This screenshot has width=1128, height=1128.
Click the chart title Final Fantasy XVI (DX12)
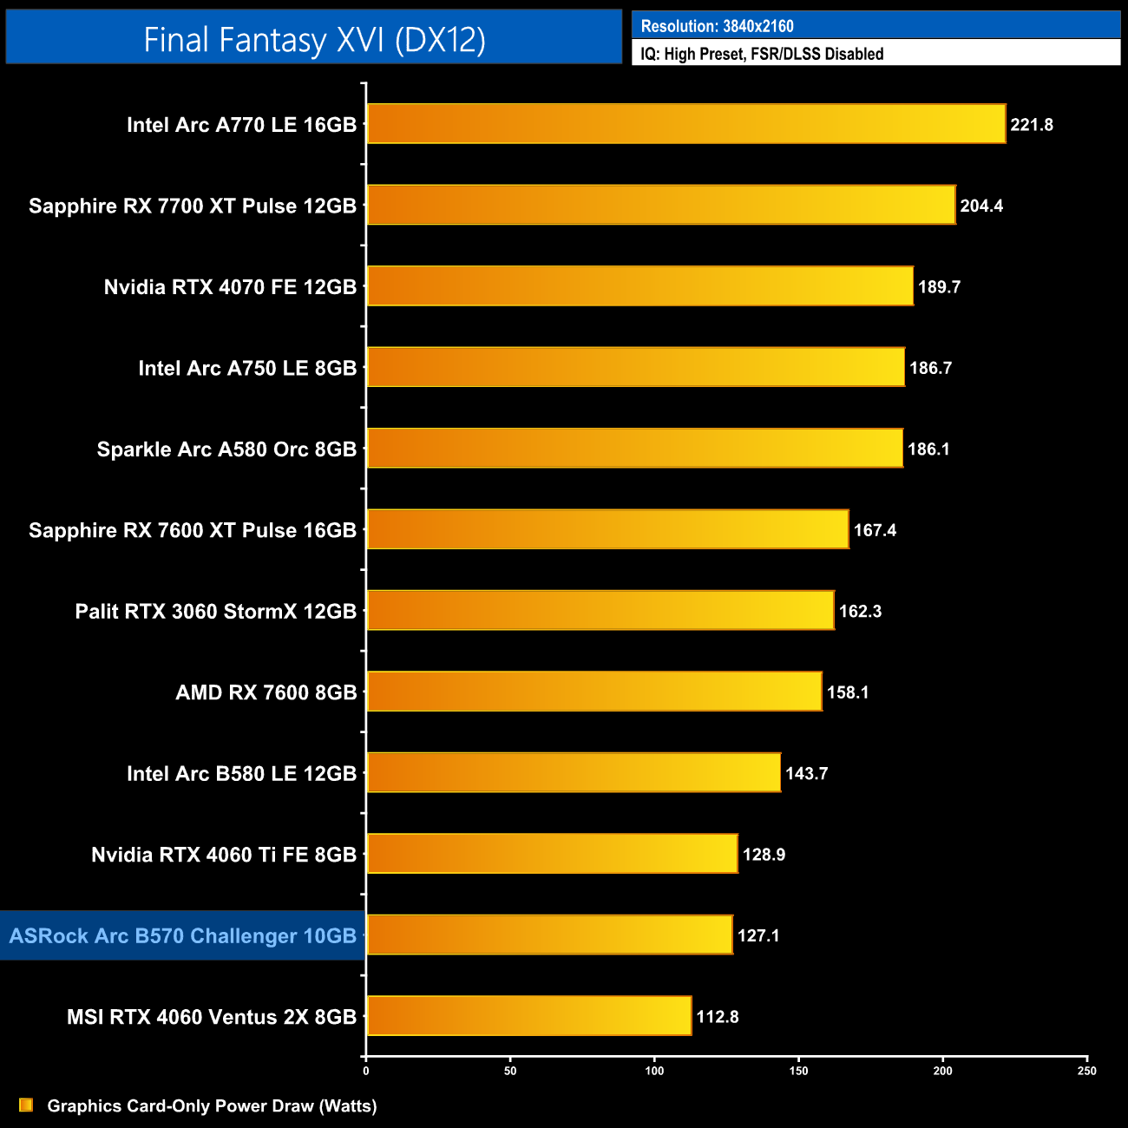tap(314, 40)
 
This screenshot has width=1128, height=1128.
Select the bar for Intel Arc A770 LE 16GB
tap(685, 124)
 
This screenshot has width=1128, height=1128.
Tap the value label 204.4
tap(981, 206)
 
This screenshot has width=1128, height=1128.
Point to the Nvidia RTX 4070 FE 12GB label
tap(230, 287)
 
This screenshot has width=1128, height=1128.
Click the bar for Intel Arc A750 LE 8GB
tap(635, 367)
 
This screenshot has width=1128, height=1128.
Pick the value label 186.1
tap(928, 449)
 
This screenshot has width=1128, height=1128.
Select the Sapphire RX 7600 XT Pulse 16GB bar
tap(607, 529)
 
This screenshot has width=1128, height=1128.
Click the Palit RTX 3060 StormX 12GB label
tap(216, 612)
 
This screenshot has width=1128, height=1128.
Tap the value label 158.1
tap(848, 692)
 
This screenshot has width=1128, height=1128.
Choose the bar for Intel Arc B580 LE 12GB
tap(574, 773)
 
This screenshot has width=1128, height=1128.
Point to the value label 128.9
tap(764, 855)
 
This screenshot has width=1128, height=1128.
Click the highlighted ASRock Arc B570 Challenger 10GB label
tap(183, 936)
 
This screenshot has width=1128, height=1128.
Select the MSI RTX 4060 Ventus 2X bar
tap(529, 1016)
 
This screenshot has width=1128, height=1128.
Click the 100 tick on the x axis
tap(654, 1071)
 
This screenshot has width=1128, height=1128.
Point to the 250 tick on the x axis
tap(1086, 1071)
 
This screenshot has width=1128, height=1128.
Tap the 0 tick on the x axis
tap(366, 1071)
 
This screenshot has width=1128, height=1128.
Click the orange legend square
tap(26, 1105)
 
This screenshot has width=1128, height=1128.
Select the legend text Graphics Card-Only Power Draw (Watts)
tap(212, 1106)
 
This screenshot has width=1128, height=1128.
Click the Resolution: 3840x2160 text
tap(717, 26)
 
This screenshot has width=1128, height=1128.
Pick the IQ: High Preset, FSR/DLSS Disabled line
tap(762, 54)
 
